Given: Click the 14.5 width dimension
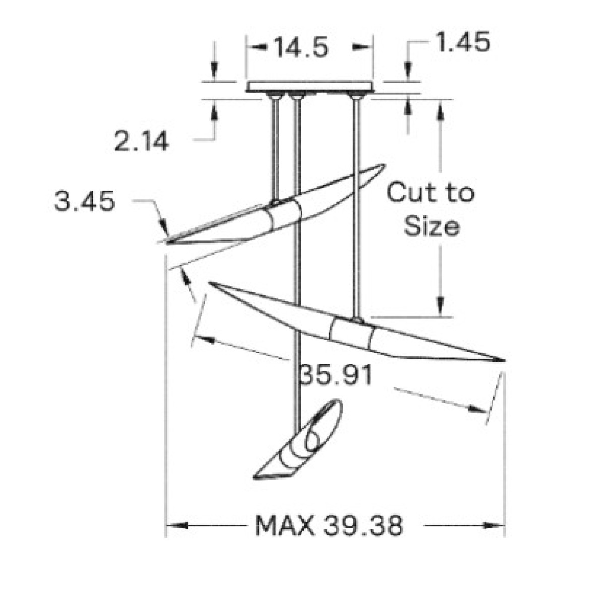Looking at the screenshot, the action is (x=301, y=48).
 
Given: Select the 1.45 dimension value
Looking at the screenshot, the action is (x=463, y=42).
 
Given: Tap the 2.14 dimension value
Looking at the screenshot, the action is (x=142, y=141).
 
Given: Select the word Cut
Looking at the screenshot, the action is (x=410, y=192).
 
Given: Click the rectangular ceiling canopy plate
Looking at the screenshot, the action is (x=310, y=87).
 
